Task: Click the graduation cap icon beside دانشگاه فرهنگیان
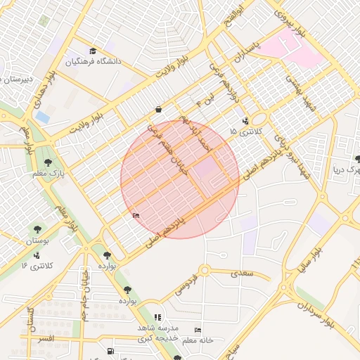coord(93,51)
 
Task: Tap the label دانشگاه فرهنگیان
coord(94,61)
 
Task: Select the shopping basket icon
coord(159,109)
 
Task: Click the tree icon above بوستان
coord(37,229)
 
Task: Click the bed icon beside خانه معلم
coord(198,330)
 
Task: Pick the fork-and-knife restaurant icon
coord(157,318)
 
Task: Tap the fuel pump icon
coord(110,352)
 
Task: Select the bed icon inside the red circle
coord(136,215)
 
